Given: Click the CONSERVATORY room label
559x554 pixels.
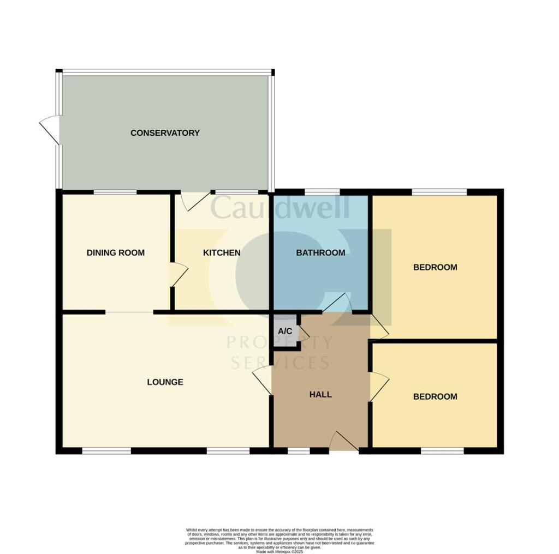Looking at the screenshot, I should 165,133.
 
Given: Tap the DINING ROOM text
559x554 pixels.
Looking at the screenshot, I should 116,252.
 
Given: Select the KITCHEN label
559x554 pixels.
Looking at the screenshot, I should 222,252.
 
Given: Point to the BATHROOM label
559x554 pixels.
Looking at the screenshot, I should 320,252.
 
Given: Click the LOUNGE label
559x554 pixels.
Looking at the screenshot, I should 165,382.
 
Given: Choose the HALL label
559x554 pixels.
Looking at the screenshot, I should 320,394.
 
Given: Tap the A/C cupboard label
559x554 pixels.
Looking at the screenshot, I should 285,331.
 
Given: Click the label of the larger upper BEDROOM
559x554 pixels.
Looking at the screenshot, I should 435,267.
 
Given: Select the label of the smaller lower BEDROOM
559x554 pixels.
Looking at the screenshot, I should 435,396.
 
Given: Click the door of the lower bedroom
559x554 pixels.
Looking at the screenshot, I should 379,387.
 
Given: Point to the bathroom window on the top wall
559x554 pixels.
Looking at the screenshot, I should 321,191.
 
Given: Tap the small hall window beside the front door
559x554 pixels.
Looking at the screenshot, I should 298,451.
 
